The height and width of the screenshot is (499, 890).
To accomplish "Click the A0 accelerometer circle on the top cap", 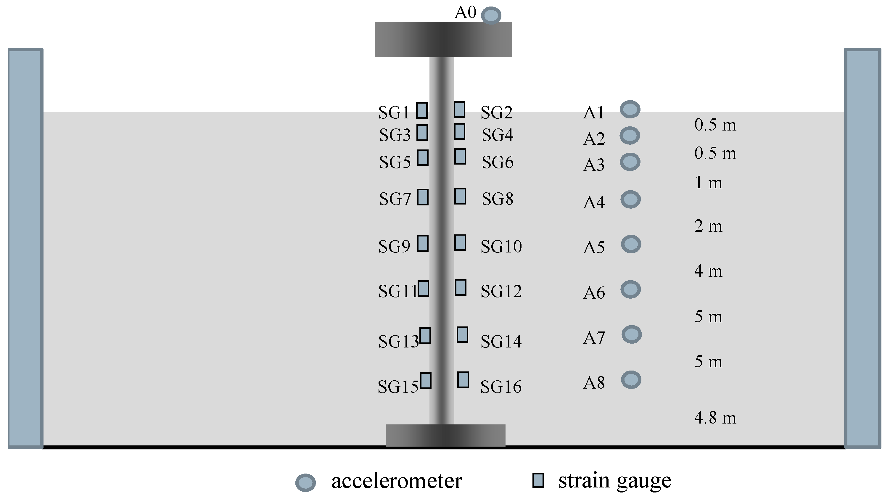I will coord(491,16).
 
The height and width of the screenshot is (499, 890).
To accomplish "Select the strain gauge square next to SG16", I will coord(463,380).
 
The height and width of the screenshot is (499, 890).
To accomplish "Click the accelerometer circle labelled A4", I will coord(630,199).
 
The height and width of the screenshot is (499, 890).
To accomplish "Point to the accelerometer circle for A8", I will coord(631,380).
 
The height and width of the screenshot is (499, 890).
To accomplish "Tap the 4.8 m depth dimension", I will coord(715,418).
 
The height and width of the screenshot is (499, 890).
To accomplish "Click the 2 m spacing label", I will coord(708,226).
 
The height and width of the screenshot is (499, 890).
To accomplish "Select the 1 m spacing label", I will coord(708,183).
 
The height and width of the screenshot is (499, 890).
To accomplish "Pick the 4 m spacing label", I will coord(708,271).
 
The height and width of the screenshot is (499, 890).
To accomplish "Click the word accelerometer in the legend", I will coord(396,481).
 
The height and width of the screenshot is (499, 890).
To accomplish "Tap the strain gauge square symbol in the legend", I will coord(538,480).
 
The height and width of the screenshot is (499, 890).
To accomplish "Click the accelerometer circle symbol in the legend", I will coord(305,482).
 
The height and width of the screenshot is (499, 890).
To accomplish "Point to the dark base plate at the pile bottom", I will coord(445,435).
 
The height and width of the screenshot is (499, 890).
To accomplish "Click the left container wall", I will coord(25,248).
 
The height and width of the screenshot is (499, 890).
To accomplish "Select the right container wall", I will coord(863,248).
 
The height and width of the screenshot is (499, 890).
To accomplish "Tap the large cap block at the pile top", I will coord(443,39).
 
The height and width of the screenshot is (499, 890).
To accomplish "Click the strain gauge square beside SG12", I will coord(461,287).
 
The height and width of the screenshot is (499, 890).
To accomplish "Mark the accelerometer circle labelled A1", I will coord(630,110).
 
